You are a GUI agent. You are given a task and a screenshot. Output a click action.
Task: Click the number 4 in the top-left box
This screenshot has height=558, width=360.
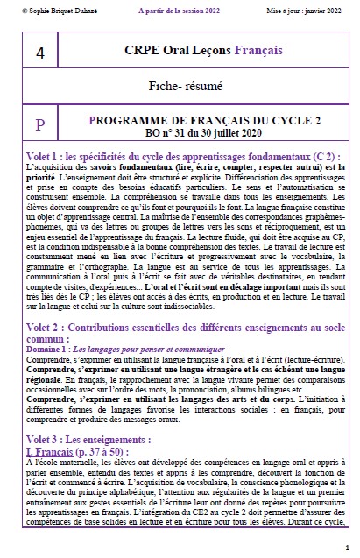click(39, 53)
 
